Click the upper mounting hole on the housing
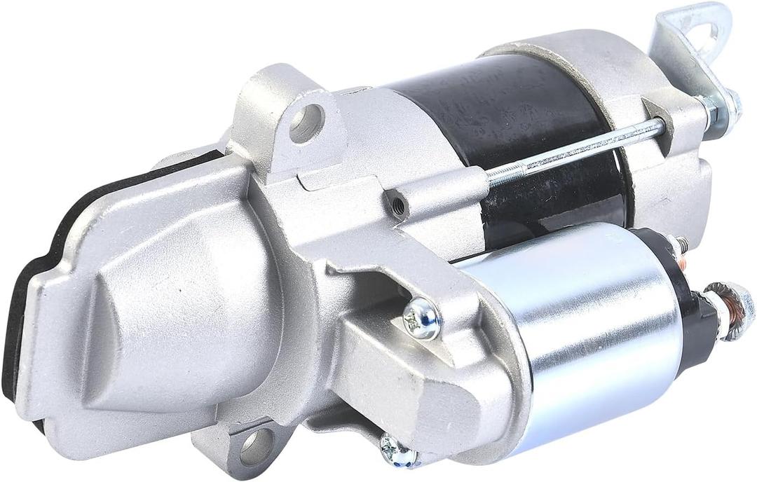(307, 123)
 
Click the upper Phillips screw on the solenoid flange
(422, 319)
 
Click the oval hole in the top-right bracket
(704, 32)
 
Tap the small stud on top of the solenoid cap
(678, 245)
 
